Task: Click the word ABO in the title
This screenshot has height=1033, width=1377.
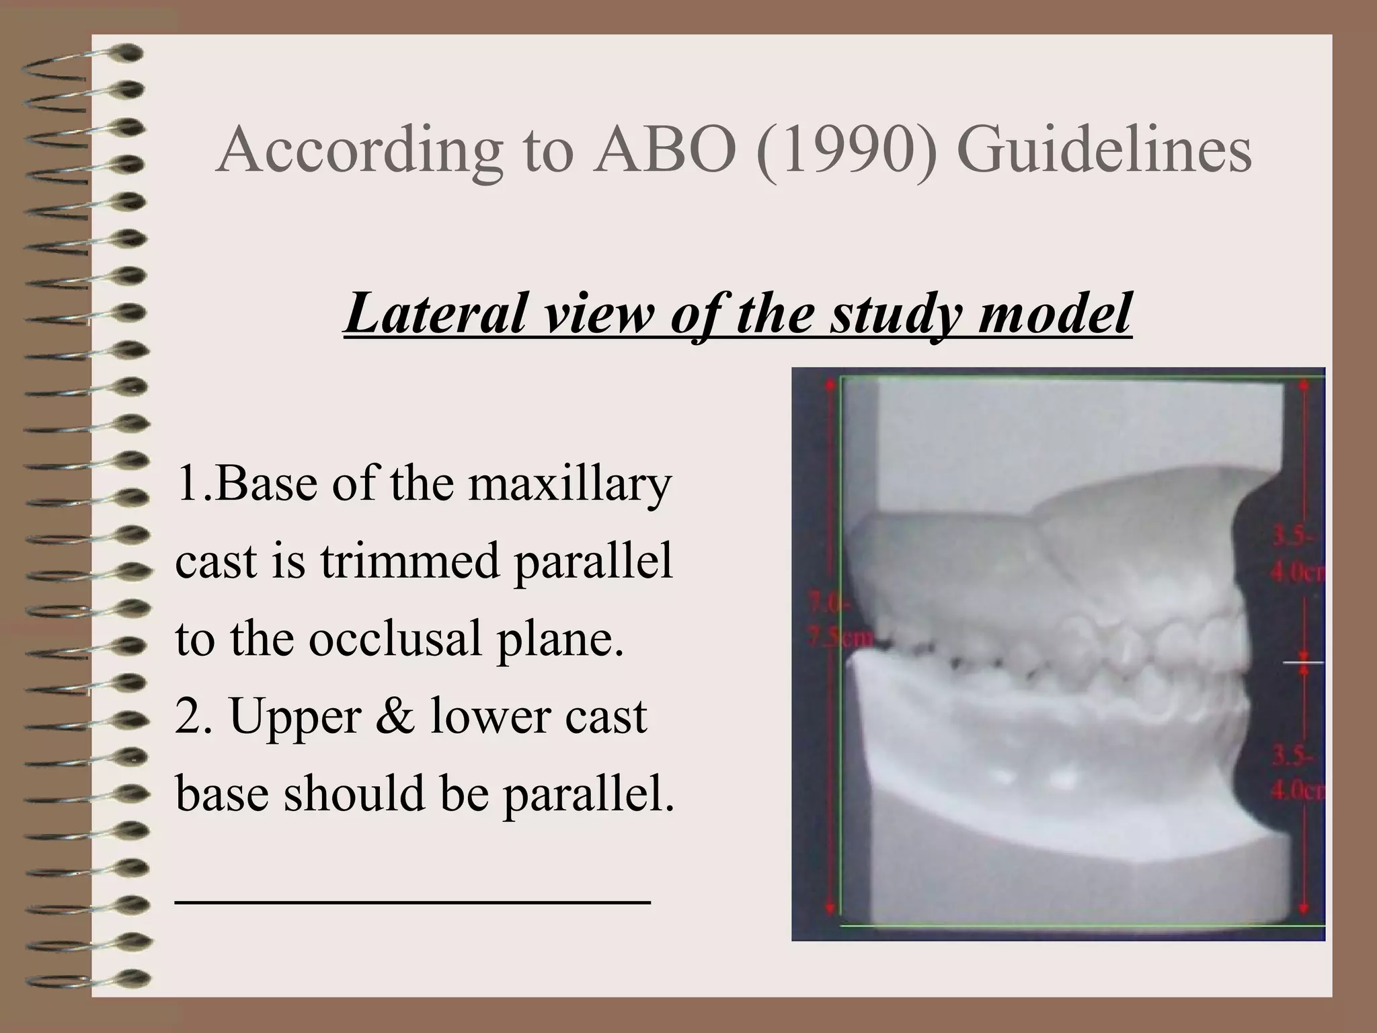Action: [x=665, y=150]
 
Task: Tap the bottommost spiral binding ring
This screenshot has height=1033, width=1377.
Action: [x=87, y=979]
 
